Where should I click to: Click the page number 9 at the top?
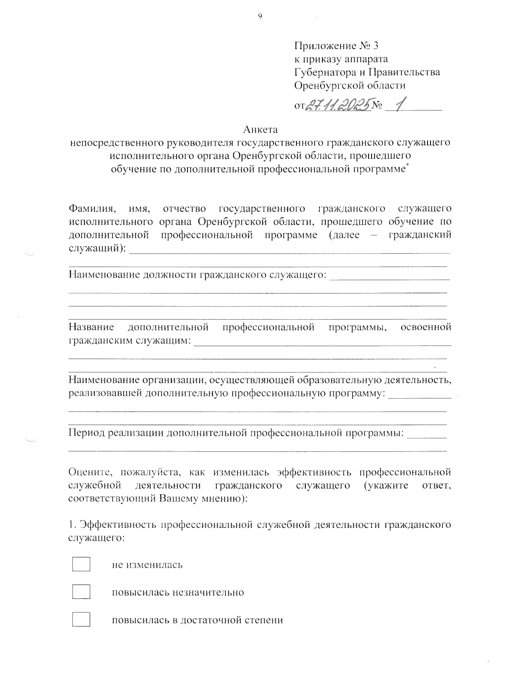point(260,16)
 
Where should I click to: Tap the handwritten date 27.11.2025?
point(338,103)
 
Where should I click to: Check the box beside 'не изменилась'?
point(81,564)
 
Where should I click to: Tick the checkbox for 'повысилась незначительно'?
point(81,592)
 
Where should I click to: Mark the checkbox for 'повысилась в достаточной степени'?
point(81,620)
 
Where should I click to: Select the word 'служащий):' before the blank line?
point(97,248)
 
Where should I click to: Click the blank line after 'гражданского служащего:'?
point(389,279)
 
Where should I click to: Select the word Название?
point(91,327)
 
